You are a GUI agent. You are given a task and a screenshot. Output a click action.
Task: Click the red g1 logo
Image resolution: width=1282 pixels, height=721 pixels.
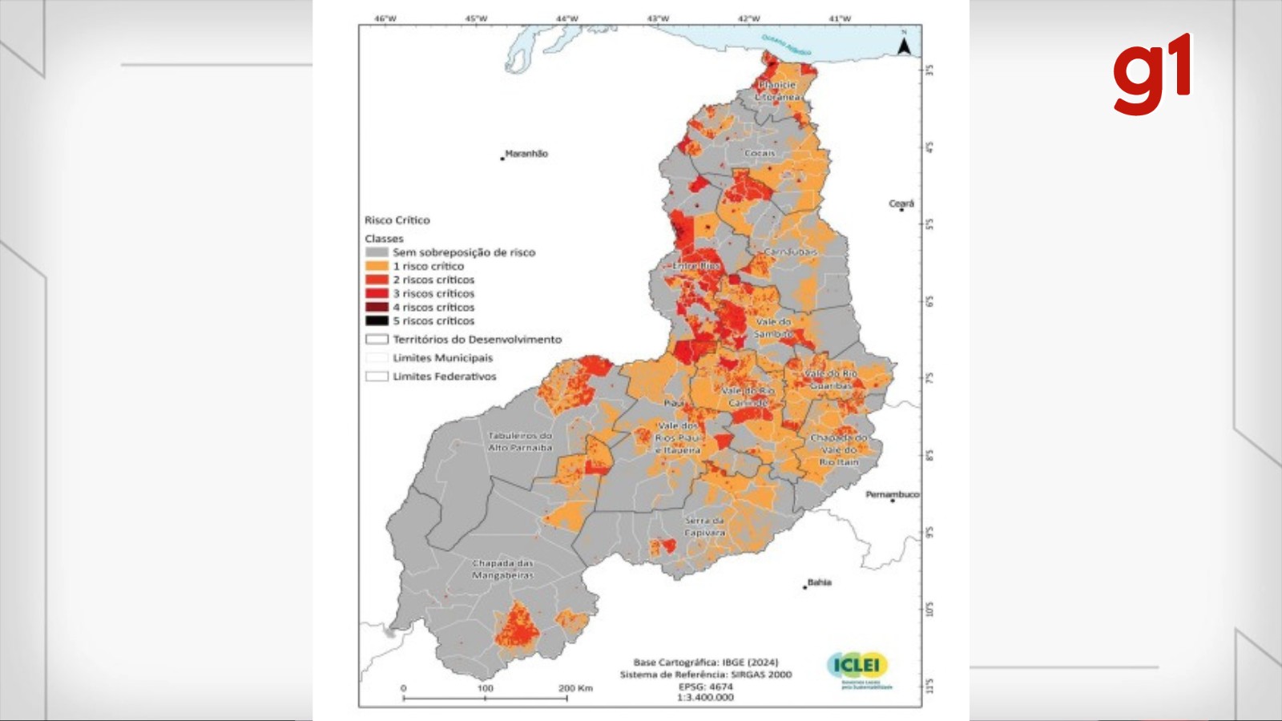pyautogui.click(x=1151, y=75)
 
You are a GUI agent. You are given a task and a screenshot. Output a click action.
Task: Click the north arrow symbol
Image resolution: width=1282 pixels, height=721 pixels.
pyautogui.click(x=903, y=46)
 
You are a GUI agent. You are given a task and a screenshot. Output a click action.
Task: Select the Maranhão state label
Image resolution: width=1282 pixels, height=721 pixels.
pyautogui.click(x=526, y=154)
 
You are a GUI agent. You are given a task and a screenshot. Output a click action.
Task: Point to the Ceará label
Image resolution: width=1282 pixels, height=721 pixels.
pyautogui.click(x=901, y=203)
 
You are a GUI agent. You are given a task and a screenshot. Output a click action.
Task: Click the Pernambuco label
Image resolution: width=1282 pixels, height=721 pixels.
pyautogui.click(x=892, y=494)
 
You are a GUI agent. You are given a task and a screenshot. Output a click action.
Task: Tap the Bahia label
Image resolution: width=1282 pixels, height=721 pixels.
pyautogui.click(x=819, y=582)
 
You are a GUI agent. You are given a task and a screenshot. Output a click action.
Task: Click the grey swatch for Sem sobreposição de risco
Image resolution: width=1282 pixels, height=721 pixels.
pyautogui.click(x=377, y=252)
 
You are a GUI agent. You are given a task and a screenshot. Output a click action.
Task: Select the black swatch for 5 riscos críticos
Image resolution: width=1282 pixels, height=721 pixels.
pyautogui.click(x=377, y=320)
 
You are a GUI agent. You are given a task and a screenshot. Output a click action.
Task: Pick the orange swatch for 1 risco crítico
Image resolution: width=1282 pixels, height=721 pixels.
pyautogui.click(x=377, y=266)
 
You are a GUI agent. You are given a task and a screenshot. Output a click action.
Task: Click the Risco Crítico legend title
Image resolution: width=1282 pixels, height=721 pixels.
pyautogui.click(x=397, y=220)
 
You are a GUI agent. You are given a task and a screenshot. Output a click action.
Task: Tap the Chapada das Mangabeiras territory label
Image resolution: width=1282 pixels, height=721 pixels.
pyautogui.click(x=502, y=570)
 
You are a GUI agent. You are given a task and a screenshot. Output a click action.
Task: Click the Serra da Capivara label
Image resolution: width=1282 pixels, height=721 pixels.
pyautogui.click(x=704, y=526)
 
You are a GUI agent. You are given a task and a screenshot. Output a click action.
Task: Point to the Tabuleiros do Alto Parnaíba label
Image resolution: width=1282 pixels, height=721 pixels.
pyautogui.click(x=520, y=441)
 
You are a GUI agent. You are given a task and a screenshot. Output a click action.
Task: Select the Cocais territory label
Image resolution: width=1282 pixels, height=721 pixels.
pyautogui.click(x=759, y=153)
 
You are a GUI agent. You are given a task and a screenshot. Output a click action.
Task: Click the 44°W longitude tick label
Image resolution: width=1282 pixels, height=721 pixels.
pyautogui.click(x=566, y=18)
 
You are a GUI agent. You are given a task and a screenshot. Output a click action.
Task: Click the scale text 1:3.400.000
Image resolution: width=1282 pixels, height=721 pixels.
pyautogui.click(x=705, y=697)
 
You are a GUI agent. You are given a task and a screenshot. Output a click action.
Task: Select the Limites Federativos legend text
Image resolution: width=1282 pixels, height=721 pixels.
pyautogui.click(x=444, y=377)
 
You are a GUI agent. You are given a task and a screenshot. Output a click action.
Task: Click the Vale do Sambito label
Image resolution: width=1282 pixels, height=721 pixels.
pyautogui.click(x=772, y=328)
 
